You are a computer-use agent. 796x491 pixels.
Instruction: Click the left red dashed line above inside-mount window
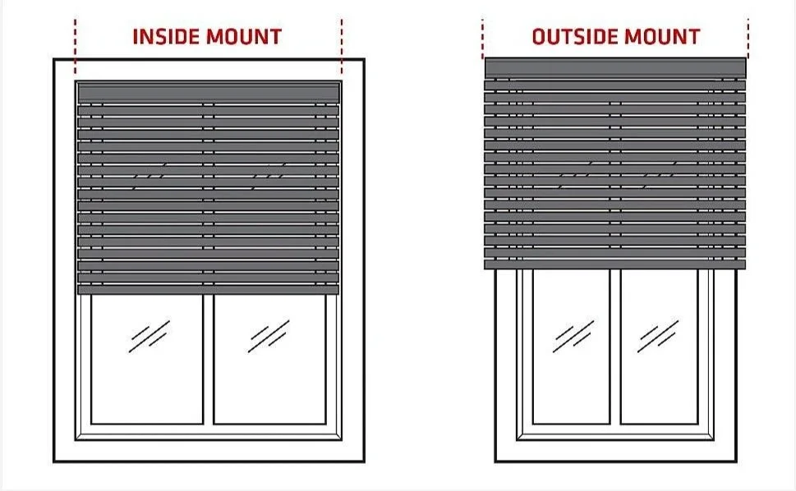point(75,41)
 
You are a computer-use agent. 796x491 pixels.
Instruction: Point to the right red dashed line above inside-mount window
point(341,41)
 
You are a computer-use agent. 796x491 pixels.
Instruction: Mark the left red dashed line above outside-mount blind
point(483,37)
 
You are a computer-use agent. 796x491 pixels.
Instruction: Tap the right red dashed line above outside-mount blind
point(748,37)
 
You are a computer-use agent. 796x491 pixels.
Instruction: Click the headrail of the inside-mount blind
point(208,91)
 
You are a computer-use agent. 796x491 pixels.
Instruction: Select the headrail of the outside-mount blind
point(615,67)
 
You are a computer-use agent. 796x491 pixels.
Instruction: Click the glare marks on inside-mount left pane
point(149,336)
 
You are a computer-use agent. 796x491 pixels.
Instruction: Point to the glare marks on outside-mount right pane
point(657,335)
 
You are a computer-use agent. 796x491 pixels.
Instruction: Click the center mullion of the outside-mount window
point(615,349)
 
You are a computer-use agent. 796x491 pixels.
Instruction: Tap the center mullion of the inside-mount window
point(209,361)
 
